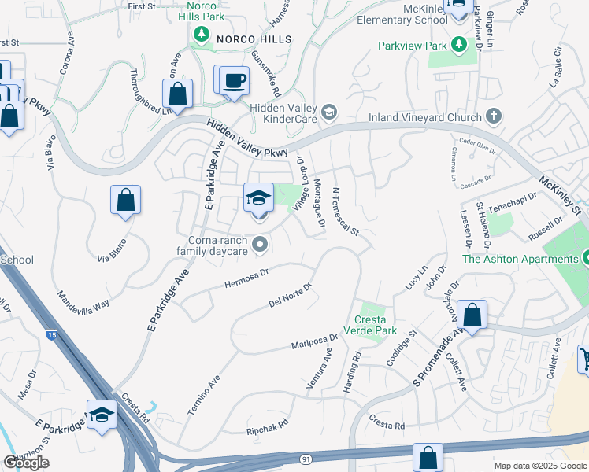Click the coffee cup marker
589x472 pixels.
pos(235,80)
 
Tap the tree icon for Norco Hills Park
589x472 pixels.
pos(202,34)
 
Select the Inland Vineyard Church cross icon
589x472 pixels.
pos(493,118)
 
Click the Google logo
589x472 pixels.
pos(26,463)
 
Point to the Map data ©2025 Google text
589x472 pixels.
pos(540,466)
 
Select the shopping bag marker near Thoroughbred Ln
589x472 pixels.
pos(178,94)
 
